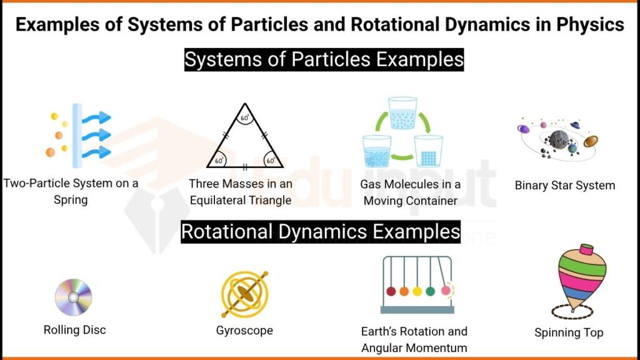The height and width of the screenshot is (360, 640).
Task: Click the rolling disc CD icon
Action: pyautogui.click(x=73, y=297)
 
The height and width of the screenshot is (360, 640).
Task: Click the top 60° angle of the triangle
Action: pyautogui.click(x=245, y=117)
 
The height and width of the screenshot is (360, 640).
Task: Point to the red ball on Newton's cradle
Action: pyautogui.click(x=391, y=291)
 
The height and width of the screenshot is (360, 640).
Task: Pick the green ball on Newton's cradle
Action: pyautogui.click(x=430, y=291)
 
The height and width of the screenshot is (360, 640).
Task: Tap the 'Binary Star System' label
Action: pyautogui.click(x=564, y=185)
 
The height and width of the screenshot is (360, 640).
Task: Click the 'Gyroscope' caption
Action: pyautogui.click(x=244, y=330)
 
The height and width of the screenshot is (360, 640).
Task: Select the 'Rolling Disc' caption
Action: pyautogui.click(x=74, y=329)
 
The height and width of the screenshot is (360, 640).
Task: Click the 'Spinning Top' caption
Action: pyautogui.click(x=569, y=332)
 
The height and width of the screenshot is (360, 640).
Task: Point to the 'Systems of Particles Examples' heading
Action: pyautogui.click(x=324, y=60)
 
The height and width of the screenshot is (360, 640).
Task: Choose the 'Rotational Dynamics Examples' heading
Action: pyautogui.click(x=320, y=232)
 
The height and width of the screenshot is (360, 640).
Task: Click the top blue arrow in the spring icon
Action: pyautogui.click(x=97, y=117)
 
